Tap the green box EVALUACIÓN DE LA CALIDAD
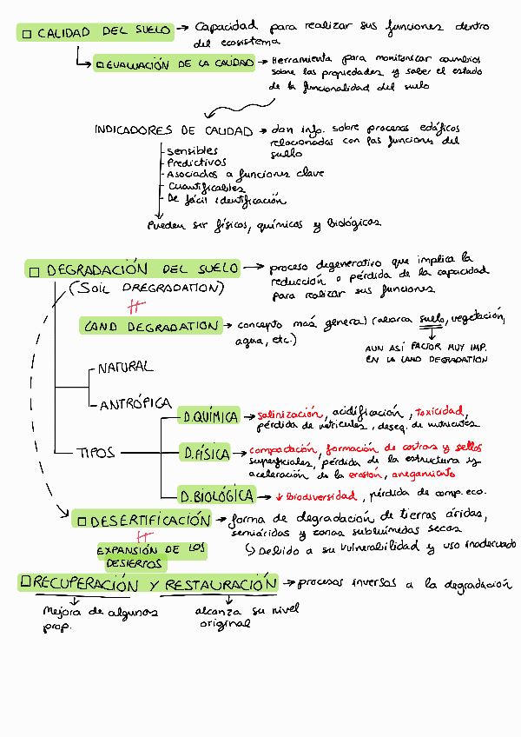coord(175,63)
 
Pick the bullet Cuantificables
coord(206,186)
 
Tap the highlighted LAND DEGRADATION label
coord(151,326)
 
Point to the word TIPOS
coord(96,452)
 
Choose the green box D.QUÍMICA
coord(208,417)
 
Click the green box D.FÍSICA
coord(206,453)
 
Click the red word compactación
coord(285,449)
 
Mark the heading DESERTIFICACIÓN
coord(143,521)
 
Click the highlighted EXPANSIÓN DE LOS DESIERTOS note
coord(151,556)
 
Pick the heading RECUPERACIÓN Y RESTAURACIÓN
coord(148,584)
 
